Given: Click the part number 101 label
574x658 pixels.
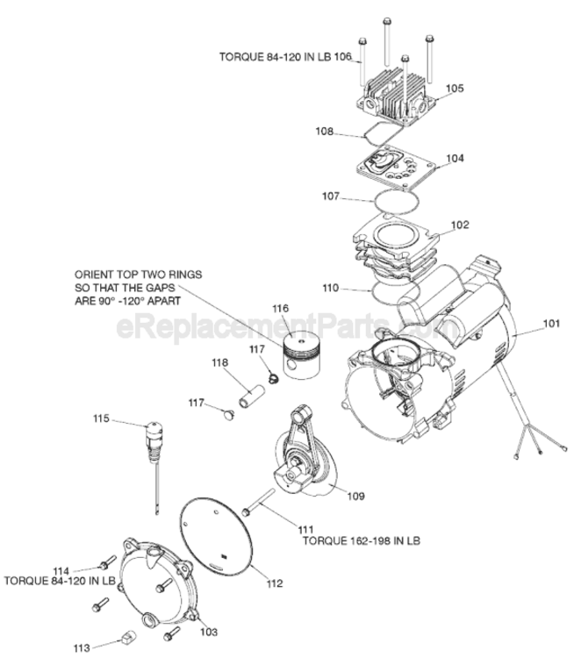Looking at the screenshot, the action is click(x=551, y=324).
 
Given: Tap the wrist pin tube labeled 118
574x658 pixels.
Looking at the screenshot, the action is click(x=250, y=396).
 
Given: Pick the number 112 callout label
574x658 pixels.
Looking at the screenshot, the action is click(x=274, y=583).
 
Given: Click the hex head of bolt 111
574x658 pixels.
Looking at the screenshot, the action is click(x=246, y=512).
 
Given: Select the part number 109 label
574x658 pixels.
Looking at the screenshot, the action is click(x=356, y=496).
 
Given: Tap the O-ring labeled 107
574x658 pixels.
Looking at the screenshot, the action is click(x=397, y=202).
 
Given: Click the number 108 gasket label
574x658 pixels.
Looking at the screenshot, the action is click(x=324, y=132).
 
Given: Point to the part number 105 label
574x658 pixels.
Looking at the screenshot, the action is click(x=455, y=88).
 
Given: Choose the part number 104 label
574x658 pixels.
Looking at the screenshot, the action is click(x=455, y=158).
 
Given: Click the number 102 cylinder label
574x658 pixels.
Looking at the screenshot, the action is click(x=460, y=225).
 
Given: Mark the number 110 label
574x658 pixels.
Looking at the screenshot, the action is click(x=331, y=288).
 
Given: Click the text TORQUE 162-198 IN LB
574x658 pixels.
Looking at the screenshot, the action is click(x=362, y=540).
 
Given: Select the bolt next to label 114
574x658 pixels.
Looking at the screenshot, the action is click(x=107, y=561).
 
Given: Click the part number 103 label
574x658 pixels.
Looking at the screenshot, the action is click(x=209, y=632).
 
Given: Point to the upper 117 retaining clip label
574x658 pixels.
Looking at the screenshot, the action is click(x=257, y=349).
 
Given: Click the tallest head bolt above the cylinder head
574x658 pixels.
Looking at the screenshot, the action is click(x=388, y=43).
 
